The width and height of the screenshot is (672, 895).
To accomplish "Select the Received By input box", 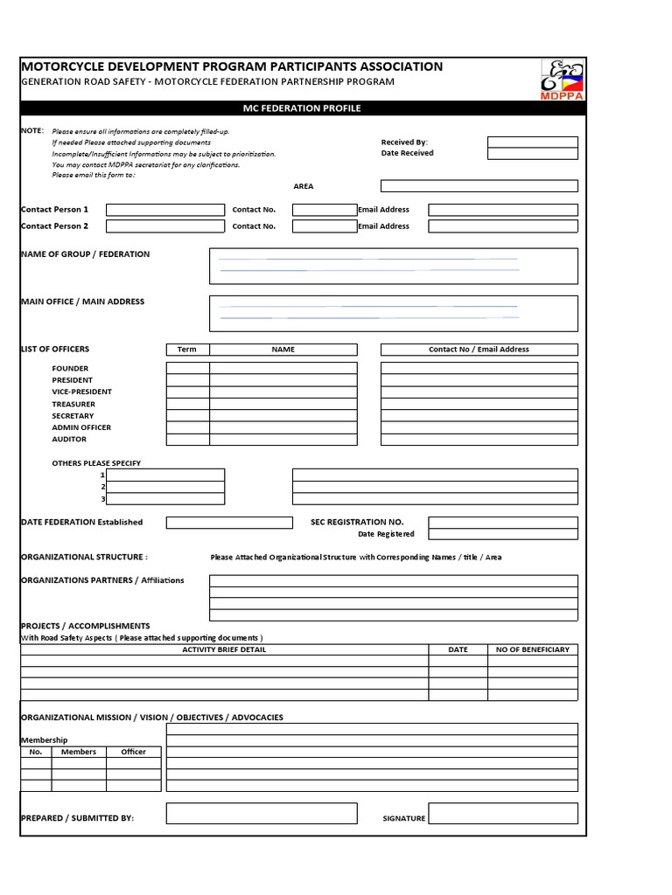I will (532, 142).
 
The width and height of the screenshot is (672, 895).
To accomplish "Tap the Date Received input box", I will (532, 153).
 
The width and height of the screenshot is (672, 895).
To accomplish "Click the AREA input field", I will (479, 186).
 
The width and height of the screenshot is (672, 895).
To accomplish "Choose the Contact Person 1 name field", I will (165, 210).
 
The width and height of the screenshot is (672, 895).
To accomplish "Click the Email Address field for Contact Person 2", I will (502, 226).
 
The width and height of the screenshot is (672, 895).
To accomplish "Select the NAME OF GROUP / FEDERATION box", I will (393, 266).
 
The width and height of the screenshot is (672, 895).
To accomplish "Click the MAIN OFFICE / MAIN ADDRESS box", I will (393, 313).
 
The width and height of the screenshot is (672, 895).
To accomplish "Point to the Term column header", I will (187, 350).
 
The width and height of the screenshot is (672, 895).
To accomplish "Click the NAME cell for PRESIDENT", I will (283, 380).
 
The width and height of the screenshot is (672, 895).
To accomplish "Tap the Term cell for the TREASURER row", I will (187, 404).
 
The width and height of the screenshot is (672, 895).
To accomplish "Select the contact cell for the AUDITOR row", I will (479, 440).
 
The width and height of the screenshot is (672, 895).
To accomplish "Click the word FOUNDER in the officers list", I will (70, 369).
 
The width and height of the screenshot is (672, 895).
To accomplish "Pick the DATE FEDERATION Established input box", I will (229, 523).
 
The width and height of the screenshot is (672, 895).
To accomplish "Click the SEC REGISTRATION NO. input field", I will (502, 522).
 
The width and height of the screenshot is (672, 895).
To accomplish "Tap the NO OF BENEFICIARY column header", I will (532, 649).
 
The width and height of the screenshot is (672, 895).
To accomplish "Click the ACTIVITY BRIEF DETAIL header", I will (224, 649).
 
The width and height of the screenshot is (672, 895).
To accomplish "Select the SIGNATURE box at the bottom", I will (502, 814).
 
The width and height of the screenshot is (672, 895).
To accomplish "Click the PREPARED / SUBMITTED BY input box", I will (262, 814).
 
